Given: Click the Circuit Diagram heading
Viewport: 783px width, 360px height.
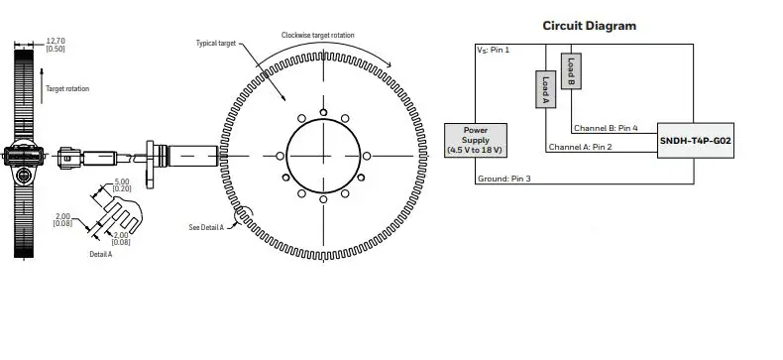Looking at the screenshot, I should click(x=589, y=26).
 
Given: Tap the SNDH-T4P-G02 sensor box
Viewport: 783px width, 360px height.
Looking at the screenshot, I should click(x=695, y=141).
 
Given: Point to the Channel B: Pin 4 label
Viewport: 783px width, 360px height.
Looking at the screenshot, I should click(x=606, y=128).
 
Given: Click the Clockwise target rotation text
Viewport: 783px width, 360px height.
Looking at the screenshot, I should click(x=317, y=35).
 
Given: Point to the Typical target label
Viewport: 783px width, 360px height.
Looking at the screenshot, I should click(x=216, y=44).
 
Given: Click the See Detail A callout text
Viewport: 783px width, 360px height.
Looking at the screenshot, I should click(x=206, y=227).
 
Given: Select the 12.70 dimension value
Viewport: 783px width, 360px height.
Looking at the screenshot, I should click(x=56, y=41).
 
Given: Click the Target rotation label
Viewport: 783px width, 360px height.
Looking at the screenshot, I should click(x=67, y=88).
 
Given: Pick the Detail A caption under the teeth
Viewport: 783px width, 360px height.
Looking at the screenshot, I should click(x=101, y=255).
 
